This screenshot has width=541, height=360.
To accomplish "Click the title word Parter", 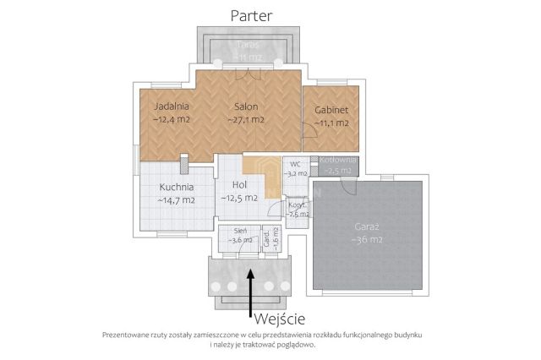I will [258, 14].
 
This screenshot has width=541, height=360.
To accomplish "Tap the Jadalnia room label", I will [171, 107].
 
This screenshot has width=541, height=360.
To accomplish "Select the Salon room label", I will [246, 107].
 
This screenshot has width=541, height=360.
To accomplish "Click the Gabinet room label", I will [331, 111].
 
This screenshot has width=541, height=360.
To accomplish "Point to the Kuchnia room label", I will [176, 187].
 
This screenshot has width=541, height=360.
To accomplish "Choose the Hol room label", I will [239, 185].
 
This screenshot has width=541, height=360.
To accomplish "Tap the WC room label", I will [295, 163].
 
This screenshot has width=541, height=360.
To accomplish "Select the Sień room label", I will [240, 230].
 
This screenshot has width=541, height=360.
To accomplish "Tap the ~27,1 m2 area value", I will [246, 120].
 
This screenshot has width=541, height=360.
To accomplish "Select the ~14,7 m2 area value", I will [176, 200].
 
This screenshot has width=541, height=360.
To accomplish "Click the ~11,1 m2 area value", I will [331, 123].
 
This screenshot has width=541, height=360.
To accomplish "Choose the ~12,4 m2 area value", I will [171, 120].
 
